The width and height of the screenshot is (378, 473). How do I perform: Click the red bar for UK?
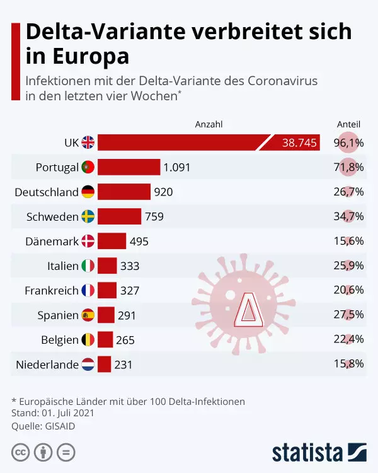click(183, 143)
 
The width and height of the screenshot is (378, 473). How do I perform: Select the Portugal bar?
click(129, 167)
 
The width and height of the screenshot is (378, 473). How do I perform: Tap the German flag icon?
click(88, 192)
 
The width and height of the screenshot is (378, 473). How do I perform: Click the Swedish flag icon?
click(88, 216)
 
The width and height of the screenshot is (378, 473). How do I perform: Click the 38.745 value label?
click(299, 143)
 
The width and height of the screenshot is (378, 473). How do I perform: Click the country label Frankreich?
click(51, 290)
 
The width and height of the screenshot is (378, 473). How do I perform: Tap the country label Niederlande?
click(47, 364)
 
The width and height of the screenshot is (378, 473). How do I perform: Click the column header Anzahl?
click(209, 124)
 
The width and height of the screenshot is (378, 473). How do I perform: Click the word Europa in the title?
click(91, 55)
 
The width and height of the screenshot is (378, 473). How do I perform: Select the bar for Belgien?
click(105, 339)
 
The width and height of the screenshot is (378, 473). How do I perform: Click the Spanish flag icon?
click(88, 315)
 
